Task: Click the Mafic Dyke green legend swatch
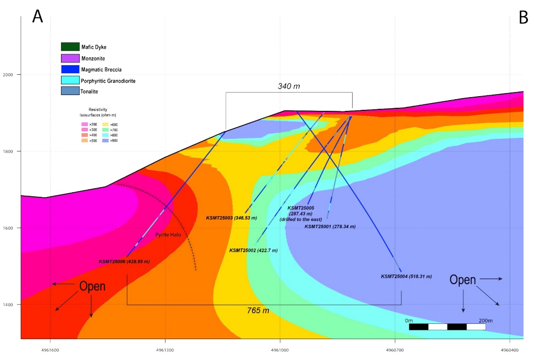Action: point(70,47)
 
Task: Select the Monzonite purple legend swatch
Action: point(70,58)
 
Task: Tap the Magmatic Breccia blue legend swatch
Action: point(70,69)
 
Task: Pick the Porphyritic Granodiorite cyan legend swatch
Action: point(70,80)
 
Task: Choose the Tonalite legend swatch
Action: point(70,91)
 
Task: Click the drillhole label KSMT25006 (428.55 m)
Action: point(124,261)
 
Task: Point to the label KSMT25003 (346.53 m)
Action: point(231,218)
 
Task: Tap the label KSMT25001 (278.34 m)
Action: point(330,226)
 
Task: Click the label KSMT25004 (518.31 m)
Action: point(406,276)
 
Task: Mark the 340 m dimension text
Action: point(289,86)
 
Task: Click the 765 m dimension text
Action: point(258,311)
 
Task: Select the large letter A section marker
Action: point(38,16)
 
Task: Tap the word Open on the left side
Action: point(92,286)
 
